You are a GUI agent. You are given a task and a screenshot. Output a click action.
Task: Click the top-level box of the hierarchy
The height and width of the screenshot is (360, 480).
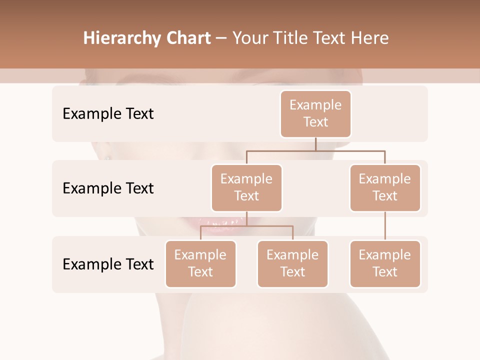[x=315, y=113]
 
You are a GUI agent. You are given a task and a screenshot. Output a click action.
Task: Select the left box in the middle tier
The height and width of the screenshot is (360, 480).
[x=246, y=187]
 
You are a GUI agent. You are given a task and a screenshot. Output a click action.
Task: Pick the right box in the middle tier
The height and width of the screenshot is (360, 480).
[x=385, y=187]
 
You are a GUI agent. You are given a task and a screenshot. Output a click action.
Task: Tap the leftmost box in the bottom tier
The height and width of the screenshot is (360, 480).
[x=200, y=263]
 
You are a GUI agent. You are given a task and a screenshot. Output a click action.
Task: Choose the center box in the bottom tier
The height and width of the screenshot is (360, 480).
[x=292, y=263]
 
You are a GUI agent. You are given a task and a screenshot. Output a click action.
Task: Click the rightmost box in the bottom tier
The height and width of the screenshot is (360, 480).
[x=385, y=263]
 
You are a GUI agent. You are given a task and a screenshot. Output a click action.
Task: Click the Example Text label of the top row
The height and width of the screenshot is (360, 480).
[x=108, y=114]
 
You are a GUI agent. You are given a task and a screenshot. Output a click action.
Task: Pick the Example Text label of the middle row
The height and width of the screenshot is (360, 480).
[x=108, y=188]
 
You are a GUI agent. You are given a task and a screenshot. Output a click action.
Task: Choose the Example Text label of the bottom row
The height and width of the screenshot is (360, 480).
[x=108, y=264]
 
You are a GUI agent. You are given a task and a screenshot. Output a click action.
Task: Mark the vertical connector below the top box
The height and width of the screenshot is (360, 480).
[x=315, y=144]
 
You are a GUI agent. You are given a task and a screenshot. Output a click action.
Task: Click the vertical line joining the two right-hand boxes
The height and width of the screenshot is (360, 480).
[x=385, y=226]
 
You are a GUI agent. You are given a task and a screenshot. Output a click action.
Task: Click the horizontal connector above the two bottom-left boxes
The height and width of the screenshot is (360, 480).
[x=246, y=226]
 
